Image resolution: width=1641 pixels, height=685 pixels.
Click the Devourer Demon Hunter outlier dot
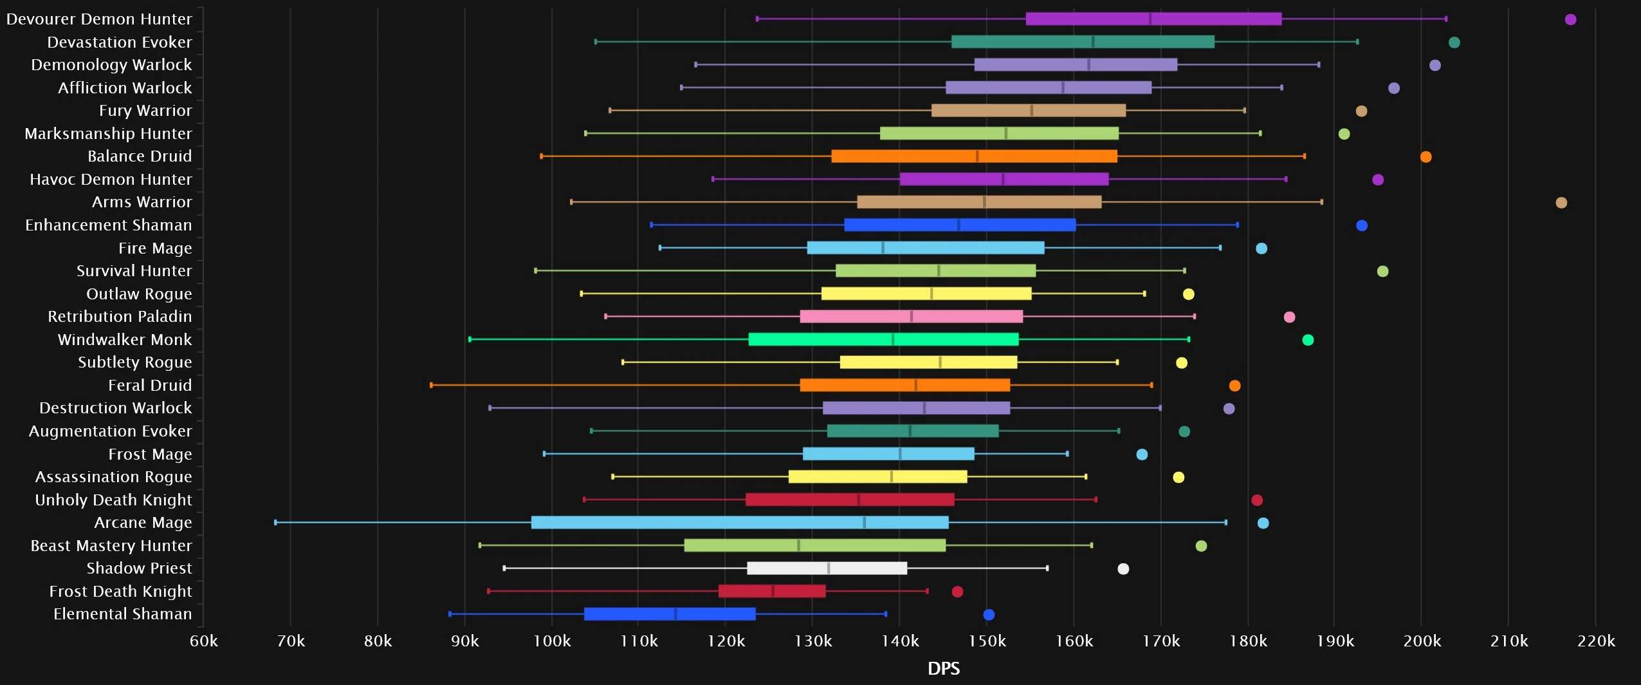1570,19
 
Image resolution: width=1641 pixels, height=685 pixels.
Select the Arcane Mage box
740,523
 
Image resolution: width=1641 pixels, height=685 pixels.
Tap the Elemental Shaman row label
122,614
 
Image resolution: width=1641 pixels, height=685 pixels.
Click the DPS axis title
944,668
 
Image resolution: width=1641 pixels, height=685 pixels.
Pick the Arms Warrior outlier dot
1561,203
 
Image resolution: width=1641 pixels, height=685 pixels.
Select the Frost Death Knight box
772,591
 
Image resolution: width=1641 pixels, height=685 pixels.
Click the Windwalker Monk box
883,339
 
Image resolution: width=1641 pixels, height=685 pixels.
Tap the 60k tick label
204,641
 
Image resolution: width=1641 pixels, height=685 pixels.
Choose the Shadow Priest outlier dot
1123,568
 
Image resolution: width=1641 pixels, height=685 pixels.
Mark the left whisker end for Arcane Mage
276,522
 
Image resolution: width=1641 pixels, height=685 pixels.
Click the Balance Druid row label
140,156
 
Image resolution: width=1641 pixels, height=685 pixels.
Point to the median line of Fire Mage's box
883,248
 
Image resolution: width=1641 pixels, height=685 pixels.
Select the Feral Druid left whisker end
431,385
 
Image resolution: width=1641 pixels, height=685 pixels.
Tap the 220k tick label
1597,641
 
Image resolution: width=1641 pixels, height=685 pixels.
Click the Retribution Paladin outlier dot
1289,317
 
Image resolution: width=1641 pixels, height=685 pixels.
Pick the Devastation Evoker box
1083,42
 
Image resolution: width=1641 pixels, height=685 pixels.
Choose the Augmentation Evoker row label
110,431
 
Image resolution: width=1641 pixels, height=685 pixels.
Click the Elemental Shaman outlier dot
989,615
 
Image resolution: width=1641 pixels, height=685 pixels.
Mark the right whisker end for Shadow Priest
1047,568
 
